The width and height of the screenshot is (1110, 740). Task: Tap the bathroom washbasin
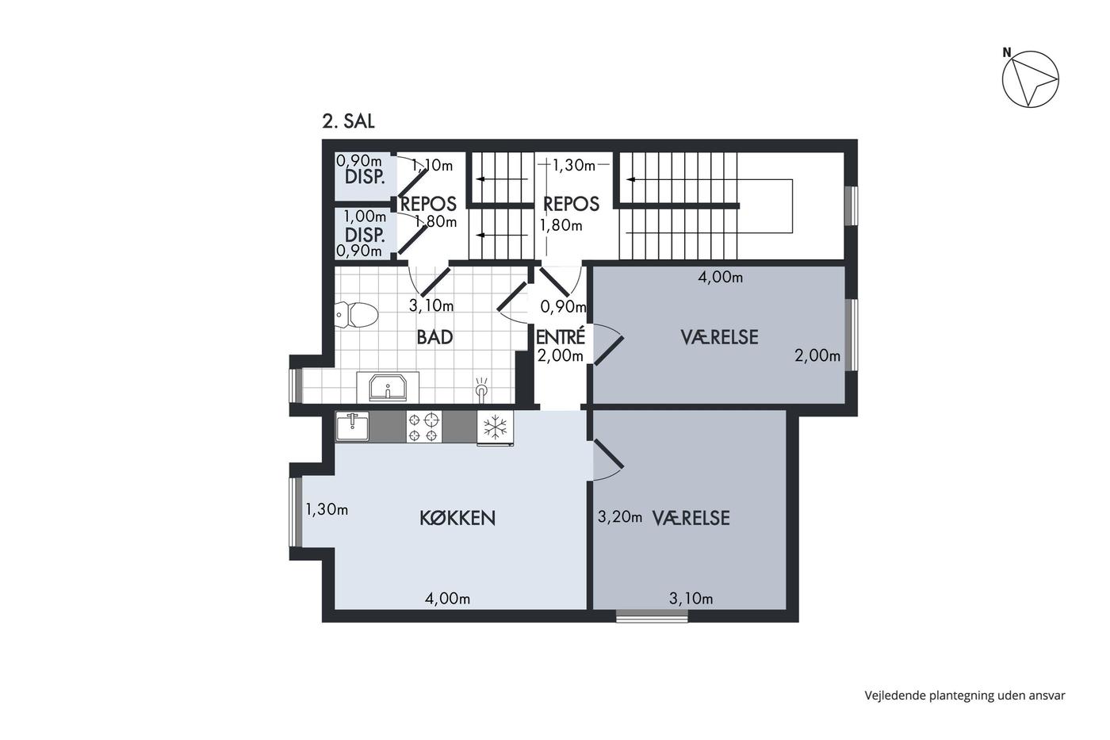pyautogui.click(x=388, y=387)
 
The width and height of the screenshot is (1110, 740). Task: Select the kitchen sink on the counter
pyautogui.click(x=352, y=427)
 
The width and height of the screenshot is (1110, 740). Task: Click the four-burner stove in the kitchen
pyautogui.click(x=423, y=427)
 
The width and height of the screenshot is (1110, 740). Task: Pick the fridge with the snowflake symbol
pyautogui.click(x=495, y=428)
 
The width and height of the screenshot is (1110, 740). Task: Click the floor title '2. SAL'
pyautogui.click(x=348, y=121)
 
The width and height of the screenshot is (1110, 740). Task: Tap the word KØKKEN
pyautogui.click(x=457, y=518)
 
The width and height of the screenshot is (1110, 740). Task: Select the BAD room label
pyautogui.click(x=434, y=337)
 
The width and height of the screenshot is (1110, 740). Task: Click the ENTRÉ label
pyautogui.click(x=561, y=337)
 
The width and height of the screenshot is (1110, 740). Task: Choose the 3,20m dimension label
pyautogui.click(x=619, y=517)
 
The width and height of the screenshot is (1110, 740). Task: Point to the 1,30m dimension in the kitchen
pyautogui.click(x=327, y=509)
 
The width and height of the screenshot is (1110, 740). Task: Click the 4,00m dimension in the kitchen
pyautogui.click(x=447, y=599)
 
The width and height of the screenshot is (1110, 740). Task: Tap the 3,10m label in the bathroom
pyautogui.click(x=431, y=306)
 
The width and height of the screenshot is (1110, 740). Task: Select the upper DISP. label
pyautogui.click(x=365, y=177)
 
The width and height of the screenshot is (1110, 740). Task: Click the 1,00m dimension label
pyautogui.click(x=365, y=217)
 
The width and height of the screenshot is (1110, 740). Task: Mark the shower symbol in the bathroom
pyautogui.click(x=481, y=387)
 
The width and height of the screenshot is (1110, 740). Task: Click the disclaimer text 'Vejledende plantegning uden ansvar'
pyautogui.click(x=965, y=696)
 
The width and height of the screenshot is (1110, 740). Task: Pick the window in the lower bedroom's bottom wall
pyautogui.click(x=652, y=615)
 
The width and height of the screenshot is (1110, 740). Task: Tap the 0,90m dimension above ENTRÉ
pyautogui.click(x=563, y=307)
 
